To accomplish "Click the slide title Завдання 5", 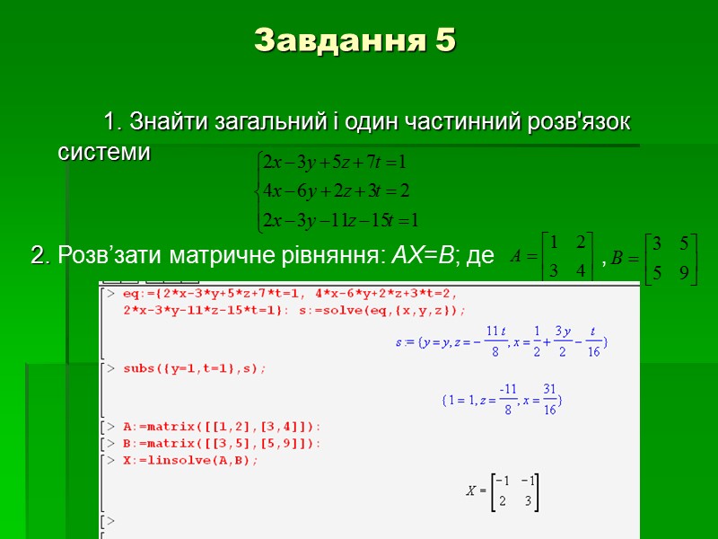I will tap(355, 40).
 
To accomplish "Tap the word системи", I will tap(104, 153).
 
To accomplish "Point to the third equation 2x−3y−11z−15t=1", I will tap(338, 218).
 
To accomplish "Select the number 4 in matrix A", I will tap(580, 270).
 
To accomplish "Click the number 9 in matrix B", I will tap(684, 273).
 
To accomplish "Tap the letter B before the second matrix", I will tap(617, 258).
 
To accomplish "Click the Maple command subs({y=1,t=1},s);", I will tap(195, 368).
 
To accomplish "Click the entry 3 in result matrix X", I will tap(528, 501).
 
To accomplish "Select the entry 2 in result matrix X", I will tap(503, 501).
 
